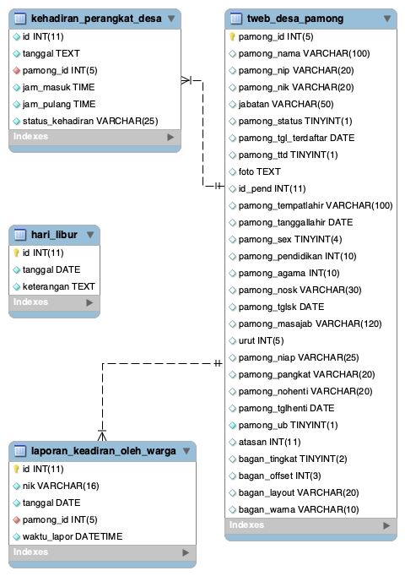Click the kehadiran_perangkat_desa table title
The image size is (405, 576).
(x=95, y=19)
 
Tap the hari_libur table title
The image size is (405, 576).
(x=52, y=234)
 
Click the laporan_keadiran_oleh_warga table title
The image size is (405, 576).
(x=103, y=451)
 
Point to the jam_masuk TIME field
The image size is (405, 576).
(x=58, y=87)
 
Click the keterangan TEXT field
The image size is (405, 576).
(x=58, y=286)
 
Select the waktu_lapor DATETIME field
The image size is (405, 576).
(x=72, y=536)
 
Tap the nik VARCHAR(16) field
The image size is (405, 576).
(x=56, y=486)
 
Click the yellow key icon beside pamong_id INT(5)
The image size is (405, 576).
(x=232, y=37)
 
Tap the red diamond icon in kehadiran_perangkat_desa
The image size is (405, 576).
(x=16, y=70)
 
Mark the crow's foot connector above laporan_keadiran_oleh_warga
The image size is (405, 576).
(x=102, y=434)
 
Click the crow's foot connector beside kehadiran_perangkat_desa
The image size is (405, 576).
(x=189, y=80)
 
